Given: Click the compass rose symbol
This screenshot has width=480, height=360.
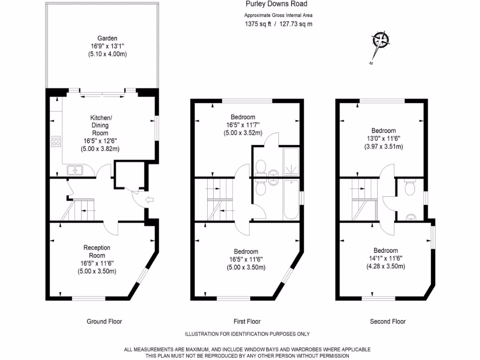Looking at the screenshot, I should pyautogui.click(x=381, y=41).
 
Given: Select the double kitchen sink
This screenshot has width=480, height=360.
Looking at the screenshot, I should pyautogui.click(x=75, y=170).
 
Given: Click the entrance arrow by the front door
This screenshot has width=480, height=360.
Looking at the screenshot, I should pyautogui.click(x=149, y=200).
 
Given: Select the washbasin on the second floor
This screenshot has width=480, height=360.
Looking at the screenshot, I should pyautogui.click(x=411, y=217).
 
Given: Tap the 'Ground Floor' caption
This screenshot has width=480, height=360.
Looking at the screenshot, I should pyautogui.click(x=104, y=322).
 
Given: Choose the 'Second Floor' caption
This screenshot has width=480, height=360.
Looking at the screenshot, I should pyautogui.click(x=388, y=322).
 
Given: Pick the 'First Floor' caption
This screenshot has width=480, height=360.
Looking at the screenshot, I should pyautogui.click(x=247, y=322).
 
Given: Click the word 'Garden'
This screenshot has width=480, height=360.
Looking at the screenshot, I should pyautogui.click(x=107, y=38).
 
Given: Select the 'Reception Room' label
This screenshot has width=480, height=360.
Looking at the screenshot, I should pyautogui.click(x=97, y=252).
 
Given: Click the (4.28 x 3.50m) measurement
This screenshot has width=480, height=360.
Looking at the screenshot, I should pyautogui.click(x=385, y=266).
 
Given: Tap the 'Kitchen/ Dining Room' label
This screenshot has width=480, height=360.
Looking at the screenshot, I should pyautogui.click(x=100, y=125).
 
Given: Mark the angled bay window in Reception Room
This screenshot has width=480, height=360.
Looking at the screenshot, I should pyautogui.click(x=142, y=277).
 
